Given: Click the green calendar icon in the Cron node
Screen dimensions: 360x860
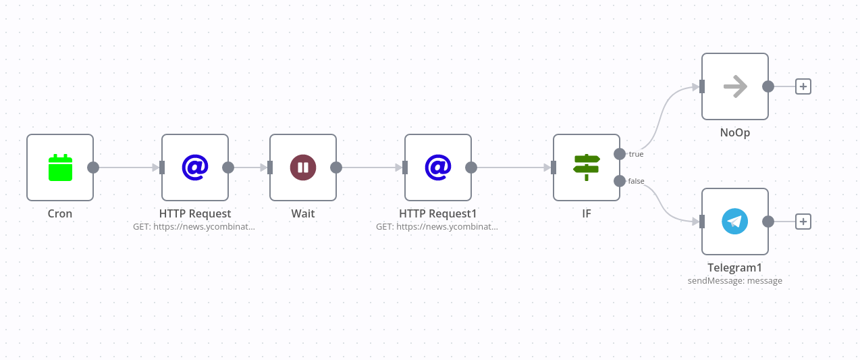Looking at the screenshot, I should point(60,168).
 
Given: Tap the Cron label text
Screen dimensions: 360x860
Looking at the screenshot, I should point(60,213).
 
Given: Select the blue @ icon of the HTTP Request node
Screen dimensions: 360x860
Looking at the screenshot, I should point(195,167).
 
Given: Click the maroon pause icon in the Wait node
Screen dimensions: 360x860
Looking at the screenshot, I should point(303,168).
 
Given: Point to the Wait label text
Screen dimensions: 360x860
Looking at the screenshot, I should point(303,213).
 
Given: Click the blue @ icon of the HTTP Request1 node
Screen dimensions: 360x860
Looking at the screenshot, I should point(438,167).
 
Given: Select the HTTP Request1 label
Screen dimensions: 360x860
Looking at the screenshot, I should point(438,213).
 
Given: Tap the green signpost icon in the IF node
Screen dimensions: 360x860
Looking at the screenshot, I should point(587,168).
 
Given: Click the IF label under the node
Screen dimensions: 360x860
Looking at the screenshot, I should point(587,213).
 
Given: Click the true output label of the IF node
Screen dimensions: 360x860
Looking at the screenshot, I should point(636,154).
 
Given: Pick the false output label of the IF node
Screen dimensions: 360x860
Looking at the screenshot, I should point(636,181).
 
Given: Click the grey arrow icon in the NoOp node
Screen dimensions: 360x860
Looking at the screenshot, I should point(735,86).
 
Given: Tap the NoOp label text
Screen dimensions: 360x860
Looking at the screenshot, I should point(735,132).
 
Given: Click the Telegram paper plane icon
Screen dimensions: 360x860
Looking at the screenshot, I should point(735,222).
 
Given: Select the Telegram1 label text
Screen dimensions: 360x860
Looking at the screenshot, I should point(735,267).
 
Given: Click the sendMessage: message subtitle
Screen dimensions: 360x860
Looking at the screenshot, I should point(735,280).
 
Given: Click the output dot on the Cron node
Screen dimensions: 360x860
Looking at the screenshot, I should point(93,168).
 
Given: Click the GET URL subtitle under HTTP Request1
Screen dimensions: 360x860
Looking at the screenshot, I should point(437,227).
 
